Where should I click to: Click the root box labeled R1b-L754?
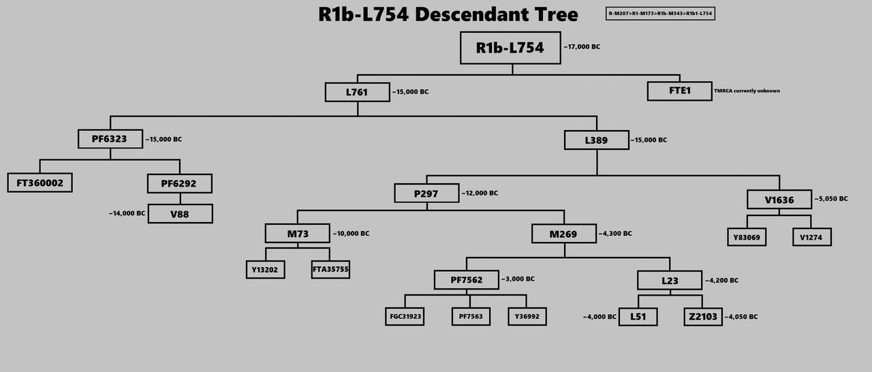(x=510, y=48)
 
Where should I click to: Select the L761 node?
(x=357, y=91)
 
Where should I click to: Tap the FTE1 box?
(x=679, y=91)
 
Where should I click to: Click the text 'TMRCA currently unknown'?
(x=747, y=91)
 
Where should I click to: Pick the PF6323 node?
(x=110, y=139)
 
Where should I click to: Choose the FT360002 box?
(x=40, y=183)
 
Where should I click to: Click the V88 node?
(x=180, y=213)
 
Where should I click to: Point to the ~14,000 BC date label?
(x=127, y=213)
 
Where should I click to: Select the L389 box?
(x=596, y=140)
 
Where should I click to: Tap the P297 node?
(x=426, y=193)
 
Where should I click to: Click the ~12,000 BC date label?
(x=480, y=193)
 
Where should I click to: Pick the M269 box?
(x=563, y=234)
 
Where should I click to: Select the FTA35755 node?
(x=330, y=269)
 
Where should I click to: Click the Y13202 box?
(x=266, y=269)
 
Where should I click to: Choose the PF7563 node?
(x=470, y=316)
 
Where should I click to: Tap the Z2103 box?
(x=702, y=316)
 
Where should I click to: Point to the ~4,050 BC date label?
(x=741, y=317)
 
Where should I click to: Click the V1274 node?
(x=811, y=236)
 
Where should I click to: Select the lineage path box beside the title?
(x=659, y=14)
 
